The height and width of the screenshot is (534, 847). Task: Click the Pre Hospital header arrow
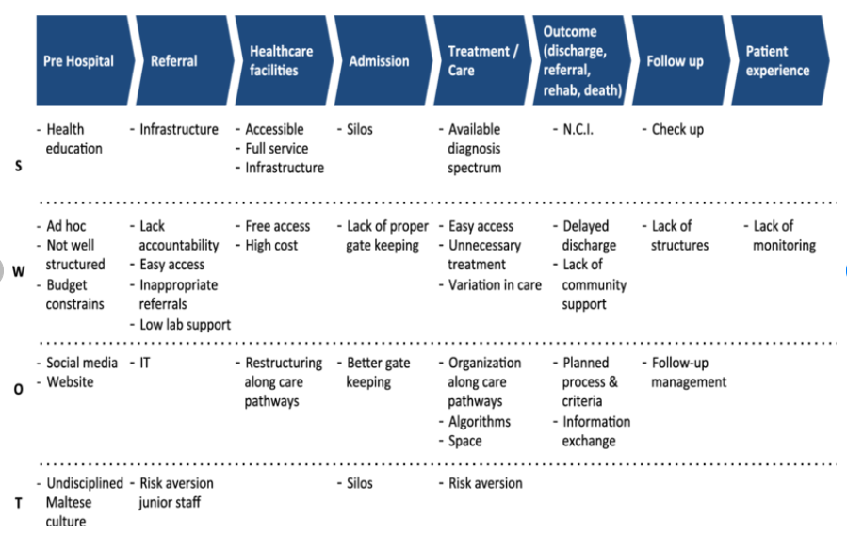pos(79,61)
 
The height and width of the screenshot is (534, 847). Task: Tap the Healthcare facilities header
pos(280,61)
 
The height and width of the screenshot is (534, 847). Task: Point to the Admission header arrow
pos(379,61)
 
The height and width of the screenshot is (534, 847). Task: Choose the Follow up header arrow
pos(675,61)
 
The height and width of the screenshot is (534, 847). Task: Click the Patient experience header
pos(777,61)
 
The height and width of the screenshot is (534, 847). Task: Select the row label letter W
pos(19,271)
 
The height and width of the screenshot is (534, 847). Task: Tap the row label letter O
pos(19,389)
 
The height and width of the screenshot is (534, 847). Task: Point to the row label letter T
pos(19,502)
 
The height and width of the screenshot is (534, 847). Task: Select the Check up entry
pos(676,129)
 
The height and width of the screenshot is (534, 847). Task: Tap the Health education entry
pos(73,138)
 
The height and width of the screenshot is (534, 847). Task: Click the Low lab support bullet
pos(185,324)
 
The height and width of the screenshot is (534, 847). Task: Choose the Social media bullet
pos(82,363)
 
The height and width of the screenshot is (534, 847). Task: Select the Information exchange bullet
pos(595,430)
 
